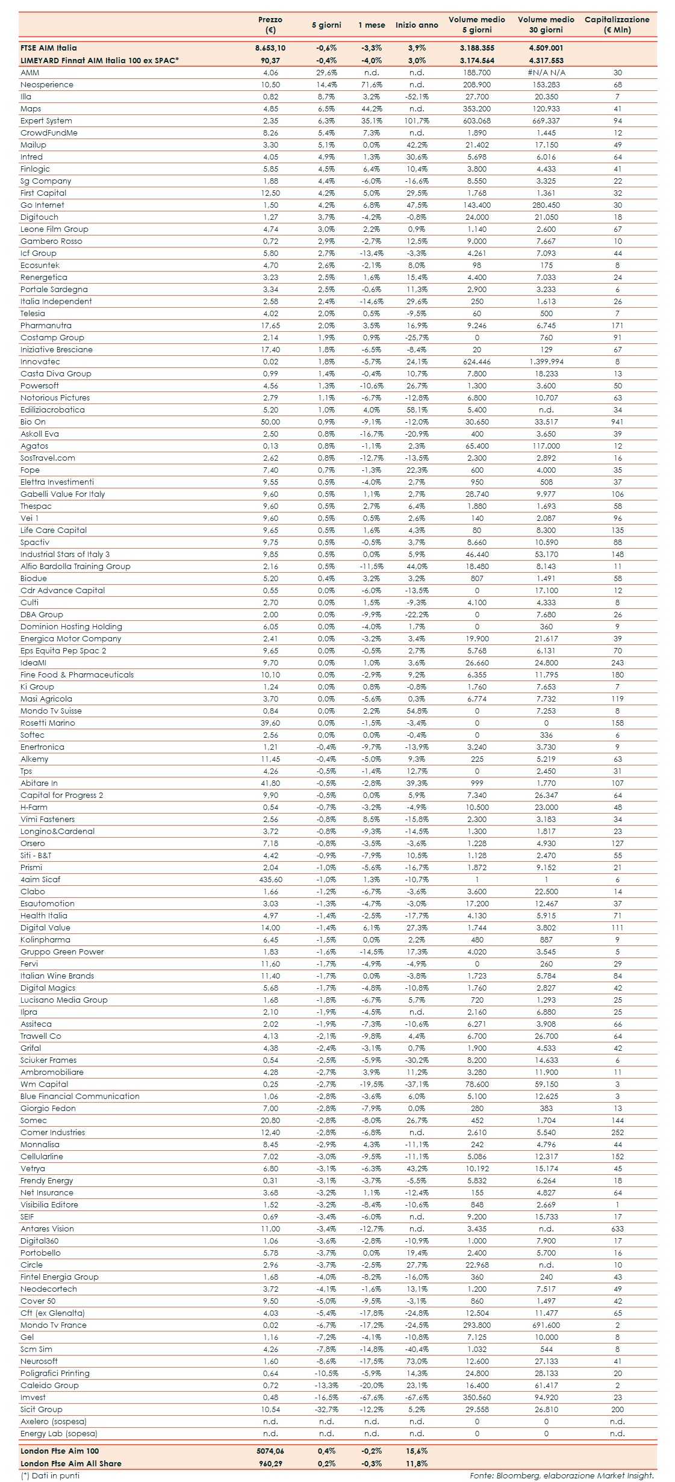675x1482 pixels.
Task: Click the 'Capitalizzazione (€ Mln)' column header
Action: pyautogui.click(x=617, y=25)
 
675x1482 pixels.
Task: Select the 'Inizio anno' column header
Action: pyautogui.click(x=417, y=25)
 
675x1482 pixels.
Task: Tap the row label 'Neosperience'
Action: pyautogui.click(x=47, y=85)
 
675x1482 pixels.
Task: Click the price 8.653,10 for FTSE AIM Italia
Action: pyautogui.click(x=270, y=48)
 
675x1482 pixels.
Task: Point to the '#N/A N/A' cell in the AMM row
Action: pyautogui.click(x=546, y=73)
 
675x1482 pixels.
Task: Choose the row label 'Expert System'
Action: pyautogui.click(x=46, y=121)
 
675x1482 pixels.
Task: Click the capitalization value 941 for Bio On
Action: pyautogui.click(x=617, y=422)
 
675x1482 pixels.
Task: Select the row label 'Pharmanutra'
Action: pyautogui.click(x=46, y=326)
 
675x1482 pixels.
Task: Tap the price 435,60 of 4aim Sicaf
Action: pyautogui.click(x=270, y=880)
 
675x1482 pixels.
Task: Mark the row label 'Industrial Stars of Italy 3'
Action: pyautogui.click(x=65, y=555)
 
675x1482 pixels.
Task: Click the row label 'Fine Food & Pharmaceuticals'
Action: pyautogui.click(x=77, y=675)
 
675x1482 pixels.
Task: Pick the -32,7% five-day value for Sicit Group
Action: pyautogui.click(x=327, y=1410)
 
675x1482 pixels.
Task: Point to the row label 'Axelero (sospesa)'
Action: pyautogui.click(x=54, y=1422)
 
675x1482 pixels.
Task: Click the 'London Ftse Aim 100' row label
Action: pyautogui.click(x=60, y=1451)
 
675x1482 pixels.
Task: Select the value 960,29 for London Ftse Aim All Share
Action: pyautogui.click(x=270, y=1463)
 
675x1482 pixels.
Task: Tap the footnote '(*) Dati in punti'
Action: pyautogui.click(x=50, y=1475)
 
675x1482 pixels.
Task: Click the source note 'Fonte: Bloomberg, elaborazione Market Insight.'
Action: pyautogui.click(x=562, y=1475)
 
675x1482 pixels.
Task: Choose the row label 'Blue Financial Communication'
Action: pyautogui.click(x=80, y=1097)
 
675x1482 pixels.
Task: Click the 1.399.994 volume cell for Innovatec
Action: pyautogui.click(x=546, y=362)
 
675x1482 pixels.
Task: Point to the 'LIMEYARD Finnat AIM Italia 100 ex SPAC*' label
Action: pyautogui.click(x=100, y=60)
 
